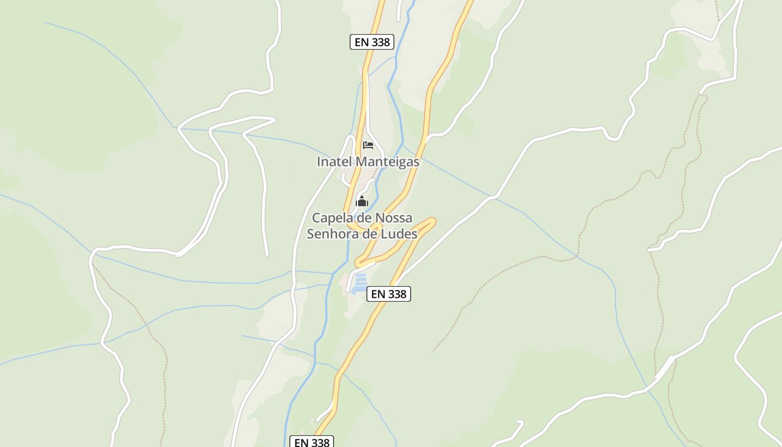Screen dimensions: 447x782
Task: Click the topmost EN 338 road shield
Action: (372, 42)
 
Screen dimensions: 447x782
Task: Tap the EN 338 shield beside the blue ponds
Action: (389, 294)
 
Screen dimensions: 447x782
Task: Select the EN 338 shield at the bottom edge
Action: (312, 442)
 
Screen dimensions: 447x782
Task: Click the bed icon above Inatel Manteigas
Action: (368, 145)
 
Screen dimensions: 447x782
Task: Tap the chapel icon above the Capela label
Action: (362, 201)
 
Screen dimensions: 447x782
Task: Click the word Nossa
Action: (394, 218)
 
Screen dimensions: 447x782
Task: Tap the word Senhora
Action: (333, 234)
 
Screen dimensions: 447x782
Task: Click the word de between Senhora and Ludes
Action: (370, 234)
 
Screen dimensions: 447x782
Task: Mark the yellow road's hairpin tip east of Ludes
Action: (432, 222)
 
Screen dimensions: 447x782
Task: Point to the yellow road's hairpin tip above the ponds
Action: (358, 262)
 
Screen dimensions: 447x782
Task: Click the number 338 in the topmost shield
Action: (381, 42)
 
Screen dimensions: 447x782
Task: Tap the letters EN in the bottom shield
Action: (301, 442)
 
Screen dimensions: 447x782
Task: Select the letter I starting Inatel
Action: (319, 162)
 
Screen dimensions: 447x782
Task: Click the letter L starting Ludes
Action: (384, 234)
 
